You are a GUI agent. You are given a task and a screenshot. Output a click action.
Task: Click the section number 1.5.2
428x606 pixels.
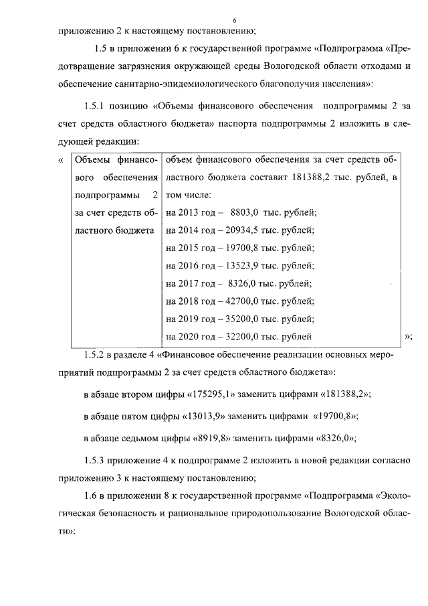(x=96, y=354)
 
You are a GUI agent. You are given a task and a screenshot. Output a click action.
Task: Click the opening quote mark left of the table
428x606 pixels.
(x=61, y=159)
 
